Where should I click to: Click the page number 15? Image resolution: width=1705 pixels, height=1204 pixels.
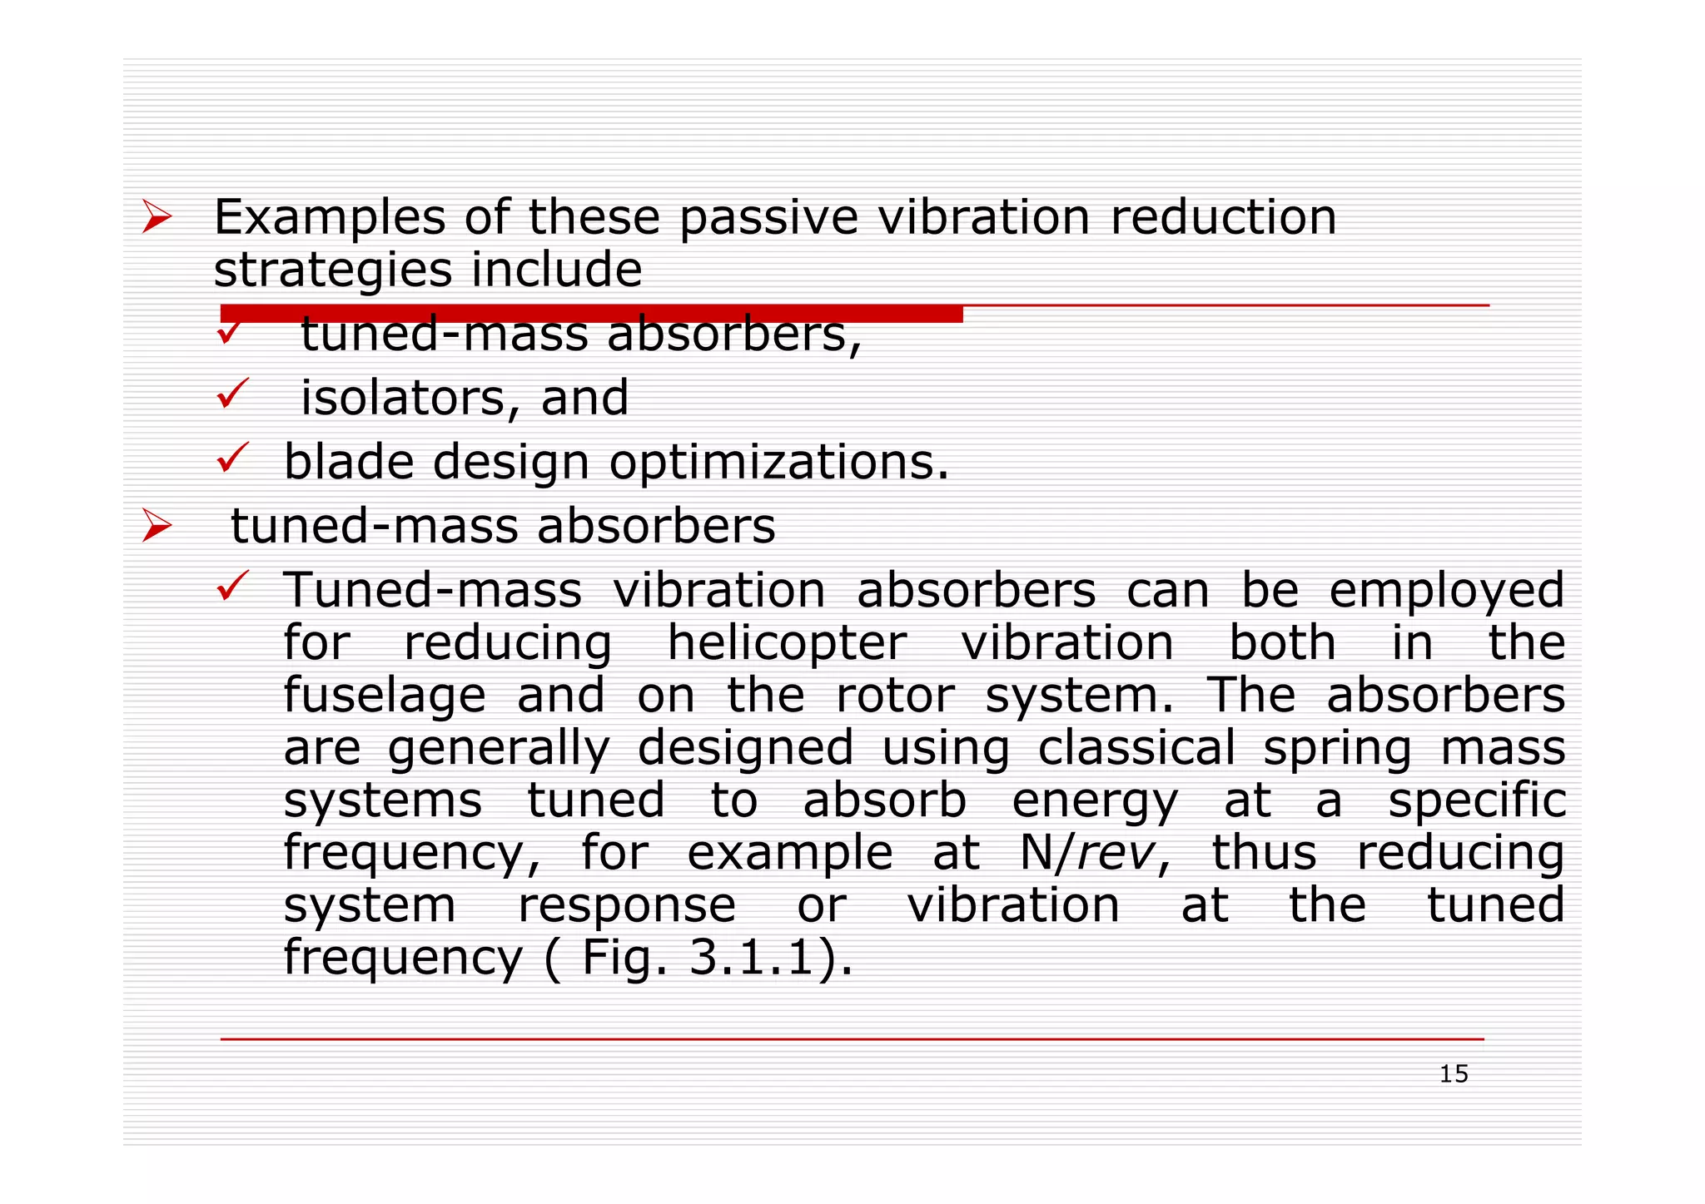[x=1454, y=1074]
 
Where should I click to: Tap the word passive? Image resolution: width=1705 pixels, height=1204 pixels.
[x=768, y=218]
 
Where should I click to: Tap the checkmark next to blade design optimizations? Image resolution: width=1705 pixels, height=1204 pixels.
[x=232, y=458]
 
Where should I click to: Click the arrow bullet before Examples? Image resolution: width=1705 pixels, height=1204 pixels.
[x=156, y=217]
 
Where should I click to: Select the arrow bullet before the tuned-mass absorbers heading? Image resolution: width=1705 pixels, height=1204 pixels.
[x=156, y=526]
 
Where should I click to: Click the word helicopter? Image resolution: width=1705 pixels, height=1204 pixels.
[x=787, y=643]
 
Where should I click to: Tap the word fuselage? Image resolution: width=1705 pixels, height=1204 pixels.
[x=385, y=696]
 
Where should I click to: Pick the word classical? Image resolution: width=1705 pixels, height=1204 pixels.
[x=1136, y=747]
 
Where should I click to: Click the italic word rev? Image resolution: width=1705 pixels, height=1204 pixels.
[x=1115, y=853]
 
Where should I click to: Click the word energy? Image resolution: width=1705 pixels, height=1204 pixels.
[x=1095, y=801]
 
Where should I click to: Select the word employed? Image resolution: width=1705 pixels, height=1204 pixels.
[x=1446, y=592]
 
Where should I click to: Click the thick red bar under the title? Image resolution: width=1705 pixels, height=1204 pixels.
[x=591, y=314]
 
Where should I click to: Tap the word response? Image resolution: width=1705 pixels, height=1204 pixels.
[x=627, y=906]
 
